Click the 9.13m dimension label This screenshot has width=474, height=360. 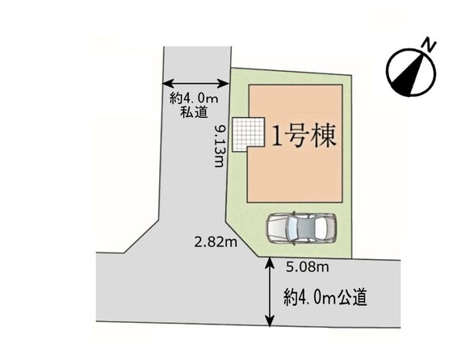tap(219, 146)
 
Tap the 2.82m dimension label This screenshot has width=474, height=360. tap(216, 242)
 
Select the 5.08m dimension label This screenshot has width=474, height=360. tap(308, 267)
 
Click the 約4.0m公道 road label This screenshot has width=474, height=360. tap(325, 297)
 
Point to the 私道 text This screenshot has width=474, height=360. tap(194, 112)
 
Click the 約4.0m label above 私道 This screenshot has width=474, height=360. tap(194, 98)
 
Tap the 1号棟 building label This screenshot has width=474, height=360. tap(304, 136)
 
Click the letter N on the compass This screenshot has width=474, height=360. tap(430, 44)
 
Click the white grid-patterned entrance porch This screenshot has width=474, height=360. tap(248, 135)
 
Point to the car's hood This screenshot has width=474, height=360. tap(277, 228)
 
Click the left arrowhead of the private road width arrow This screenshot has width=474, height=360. tap(167, 83)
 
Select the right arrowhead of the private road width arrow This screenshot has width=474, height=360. tap(224, 83)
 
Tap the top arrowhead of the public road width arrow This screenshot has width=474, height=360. tap(270, 262)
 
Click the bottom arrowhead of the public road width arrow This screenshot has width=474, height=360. tap(270, 321)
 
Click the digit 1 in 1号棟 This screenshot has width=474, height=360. tap(277, 136)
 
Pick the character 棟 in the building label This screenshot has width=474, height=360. tap(325, 136)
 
